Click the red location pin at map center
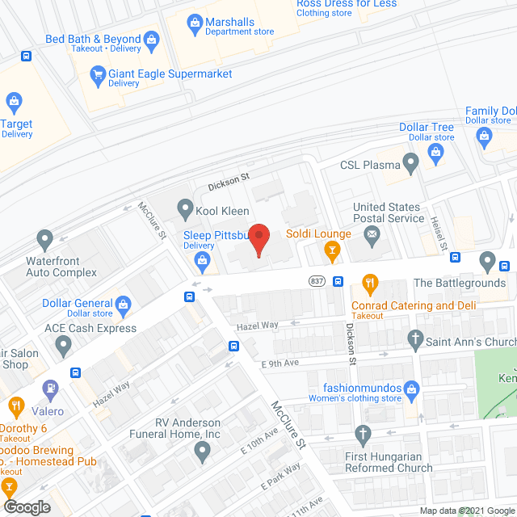click(258, 238)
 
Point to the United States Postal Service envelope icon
click(372, 236)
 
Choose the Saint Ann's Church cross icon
click(415, 339)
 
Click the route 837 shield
click(316, 281)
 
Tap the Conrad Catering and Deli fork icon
click(371, 283)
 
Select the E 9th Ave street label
click(280, 363)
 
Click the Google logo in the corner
click(26, 506)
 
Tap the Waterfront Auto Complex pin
click(44, 240)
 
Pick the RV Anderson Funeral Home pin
click(201, 449)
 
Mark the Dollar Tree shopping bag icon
click(436, 153)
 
